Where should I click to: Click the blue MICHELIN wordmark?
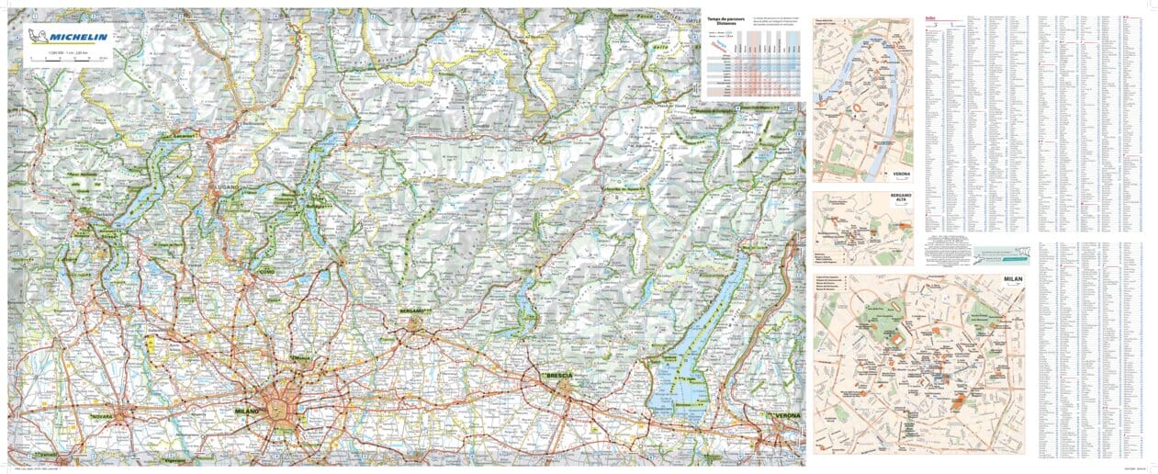(78, 37)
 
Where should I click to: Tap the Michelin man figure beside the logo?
(38, 36)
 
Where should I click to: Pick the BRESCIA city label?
(558, 377)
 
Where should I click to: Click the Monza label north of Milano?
(300, 358)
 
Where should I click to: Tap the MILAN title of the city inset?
(1012, 277)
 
